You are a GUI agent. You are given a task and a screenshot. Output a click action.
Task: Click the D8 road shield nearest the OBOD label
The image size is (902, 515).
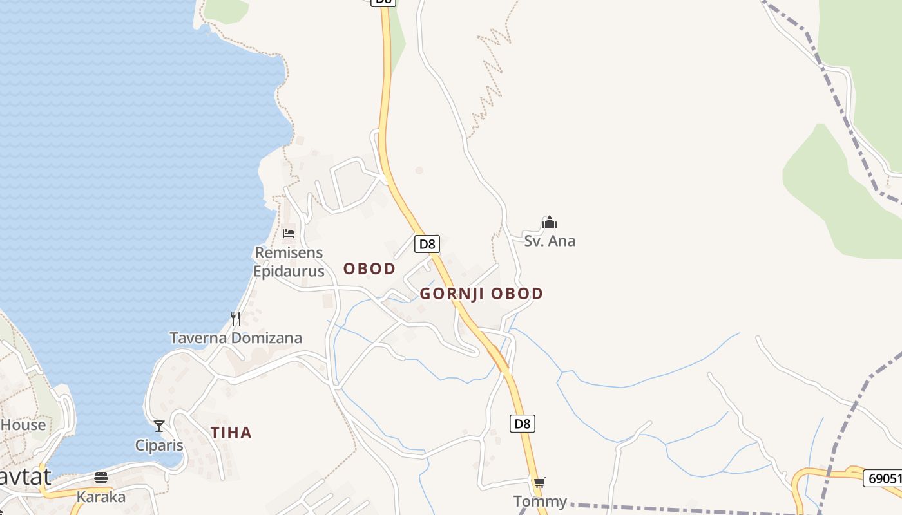[x=427, y=244]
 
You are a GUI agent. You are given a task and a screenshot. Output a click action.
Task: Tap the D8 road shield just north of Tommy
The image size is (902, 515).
[x=523, y=424]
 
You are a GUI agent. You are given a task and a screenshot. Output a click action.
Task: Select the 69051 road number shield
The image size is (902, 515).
[x=882, y=478]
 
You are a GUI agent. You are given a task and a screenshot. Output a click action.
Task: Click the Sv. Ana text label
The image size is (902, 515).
[x=550, y=241]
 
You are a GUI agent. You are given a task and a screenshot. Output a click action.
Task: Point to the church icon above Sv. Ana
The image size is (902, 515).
[x=549, y=223]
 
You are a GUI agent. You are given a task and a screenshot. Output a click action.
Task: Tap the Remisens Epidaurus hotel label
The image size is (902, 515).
[x=289, y=262]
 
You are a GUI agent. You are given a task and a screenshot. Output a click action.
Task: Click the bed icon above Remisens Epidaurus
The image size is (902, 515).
[x=289, y=233]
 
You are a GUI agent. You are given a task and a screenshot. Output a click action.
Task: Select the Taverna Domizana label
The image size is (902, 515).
[x=236, y=338]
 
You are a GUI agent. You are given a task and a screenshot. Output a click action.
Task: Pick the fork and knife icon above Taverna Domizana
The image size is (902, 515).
[x=236, y=318]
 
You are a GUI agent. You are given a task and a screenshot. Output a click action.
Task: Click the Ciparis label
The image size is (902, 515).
[x=159, y=445]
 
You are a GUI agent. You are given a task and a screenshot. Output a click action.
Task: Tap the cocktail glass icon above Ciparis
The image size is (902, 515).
[x=159, y=426]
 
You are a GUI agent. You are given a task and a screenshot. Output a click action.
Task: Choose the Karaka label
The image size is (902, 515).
[x=101, y=497]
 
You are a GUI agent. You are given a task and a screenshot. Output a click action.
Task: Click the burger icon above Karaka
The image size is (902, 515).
[x=101, y=478]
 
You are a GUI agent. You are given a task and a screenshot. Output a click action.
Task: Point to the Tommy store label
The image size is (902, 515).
[x=540, y=501]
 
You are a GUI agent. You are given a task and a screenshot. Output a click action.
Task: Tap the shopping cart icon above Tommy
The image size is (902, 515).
[x=540, y=482]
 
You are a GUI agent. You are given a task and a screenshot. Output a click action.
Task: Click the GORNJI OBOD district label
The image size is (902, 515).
[x=481, y=294]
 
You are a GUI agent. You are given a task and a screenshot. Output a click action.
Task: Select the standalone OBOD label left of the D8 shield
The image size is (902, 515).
[x=369, y=269]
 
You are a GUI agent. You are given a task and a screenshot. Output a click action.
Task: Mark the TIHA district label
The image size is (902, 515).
[x=231, y=433]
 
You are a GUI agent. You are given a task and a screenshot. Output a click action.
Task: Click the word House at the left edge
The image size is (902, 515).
[x=23, y=425]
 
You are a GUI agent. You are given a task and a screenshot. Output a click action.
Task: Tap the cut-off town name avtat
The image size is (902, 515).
[x=26, y=477]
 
